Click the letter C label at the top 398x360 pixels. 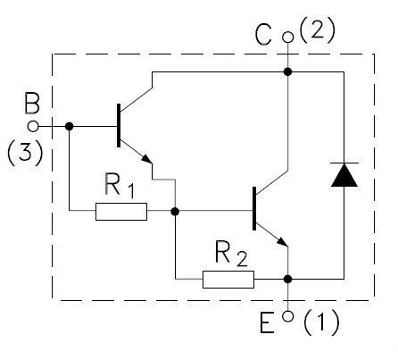[x=263, y=35]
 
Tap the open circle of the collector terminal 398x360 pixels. [x=287, y=38]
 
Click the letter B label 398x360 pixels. [x=32, y=104]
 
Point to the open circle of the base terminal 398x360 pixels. [x=33, y=127]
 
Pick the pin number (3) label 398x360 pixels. [x=25, y=153]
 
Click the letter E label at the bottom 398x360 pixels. [x=267, y=322]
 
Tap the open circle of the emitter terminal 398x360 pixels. [x=287, y=316]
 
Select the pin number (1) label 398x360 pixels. [x=321, y=322]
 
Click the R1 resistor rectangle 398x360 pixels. [x=121, y=212]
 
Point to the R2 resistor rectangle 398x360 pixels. [x=228, y=280]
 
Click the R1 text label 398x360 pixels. [x=120, y=186]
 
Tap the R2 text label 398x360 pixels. [x=231, y=254]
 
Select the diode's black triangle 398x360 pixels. [x=344, y=175]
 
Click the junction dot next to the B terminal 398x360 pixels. [x=69, y=126]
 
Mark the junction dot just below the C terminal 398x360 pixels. [x=287, y=71]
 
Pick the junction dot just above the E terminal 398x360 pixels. [x=287, y=279]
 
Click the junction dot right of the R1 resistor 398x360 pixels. [x=175, y=212]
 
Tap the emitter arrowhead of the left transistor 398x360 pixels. [x=147, y=158]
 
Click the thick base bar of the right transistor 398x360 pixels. [x=254, y=208]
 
